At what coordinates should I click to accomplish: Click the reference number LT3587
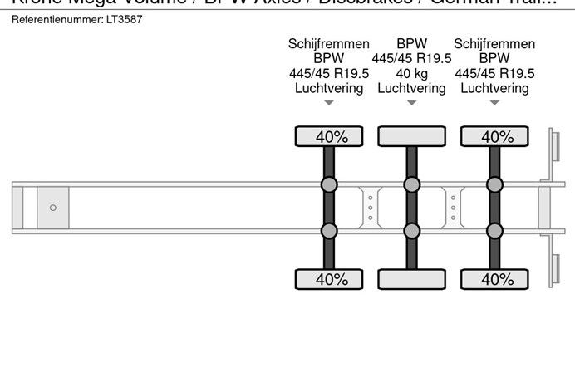coord(125,19)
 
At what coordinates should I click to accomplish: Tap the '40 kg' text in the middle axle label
coord(411,73)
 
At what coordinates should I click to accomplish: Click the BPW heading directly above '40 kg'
coord(411,44)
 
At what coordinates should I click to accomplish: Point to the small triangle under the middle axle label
coord(411,103)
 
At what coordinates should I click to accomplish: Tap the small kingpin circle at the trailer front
coord(53,208)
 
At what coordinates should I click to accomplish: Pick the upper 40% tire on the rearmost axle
coord(494,136)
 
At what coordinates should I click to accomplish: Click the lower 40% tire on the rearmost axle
coord(494,278)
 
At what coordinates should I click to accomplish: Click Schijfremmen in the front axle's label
coord(329,44)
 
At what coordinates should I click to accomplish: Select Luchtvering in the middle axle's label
coord(411,88)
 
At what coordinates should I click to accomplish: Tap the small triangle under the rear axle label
coord(494,103)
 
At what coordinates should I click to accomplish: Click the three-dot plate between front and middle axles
coord(370,207)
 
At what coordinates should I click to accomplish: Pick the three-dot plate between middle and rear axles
coord(453,207)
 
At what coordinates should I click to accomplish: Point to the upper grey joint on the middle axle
coord(411,184)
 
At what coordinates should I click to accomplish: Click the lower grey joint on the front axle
coord(329,230)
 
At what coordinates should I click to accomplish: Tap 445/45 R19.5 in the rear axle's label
coord(494,73)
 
